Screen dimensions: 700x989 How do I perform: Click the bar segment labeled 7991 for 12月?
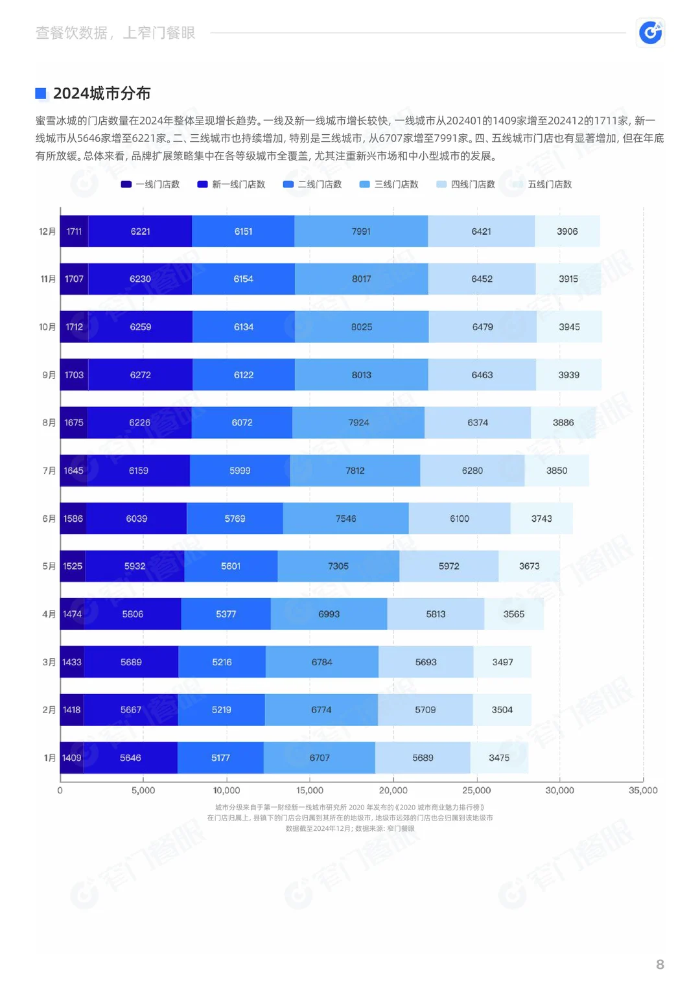tap(361, 231)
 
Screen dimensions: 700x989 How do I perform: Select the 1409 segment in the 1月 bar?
tap(72, 758)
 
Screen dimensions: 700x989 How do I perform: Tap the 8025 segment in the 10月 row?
tap(362, 327)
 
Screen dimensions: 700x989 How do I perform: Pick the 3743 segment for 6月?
tap(541, 518)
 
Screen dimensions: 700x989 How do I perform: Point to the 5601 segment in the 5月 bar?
tap(231, 566)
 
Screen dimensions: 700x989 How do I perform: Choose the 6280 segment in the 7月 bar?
tap(472, 471)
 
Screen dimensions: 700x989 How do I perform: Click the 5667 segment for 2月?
tap(131, 710)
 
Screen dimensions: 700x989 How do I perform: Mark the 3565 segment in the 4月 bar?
tap(514, 614)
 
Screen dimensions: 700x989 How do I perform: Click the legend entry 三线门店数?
tap(389, 184)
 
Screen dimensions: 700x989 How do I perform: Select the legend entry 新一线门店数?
tap(231, 184)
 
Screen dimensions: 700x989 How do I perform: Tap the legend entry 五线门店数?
tap(542, 184)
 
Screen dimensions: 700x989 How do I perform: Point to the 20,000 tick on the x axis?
tap(393, 790)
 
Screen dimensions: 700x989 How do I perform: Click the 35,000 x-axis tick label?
tap(643, 790)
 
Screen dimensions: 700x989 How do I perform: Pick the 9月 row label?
tap(49, 375)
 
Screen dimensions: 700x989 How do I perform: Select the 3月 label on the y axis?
tap(49, 662)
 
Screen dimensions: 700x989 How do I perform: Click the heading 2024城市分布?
tap(102, 93)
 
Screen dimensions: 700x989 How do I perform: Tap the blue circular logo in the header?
tap(651, 32)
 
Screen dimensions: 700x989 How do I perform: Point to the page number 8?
tap(660, 964)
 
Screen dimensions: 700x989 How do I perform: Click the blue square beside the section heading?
tap(41, 93)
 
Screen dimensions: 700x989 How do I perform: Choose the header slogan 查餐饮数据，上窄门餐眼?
tap(115, 32)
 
